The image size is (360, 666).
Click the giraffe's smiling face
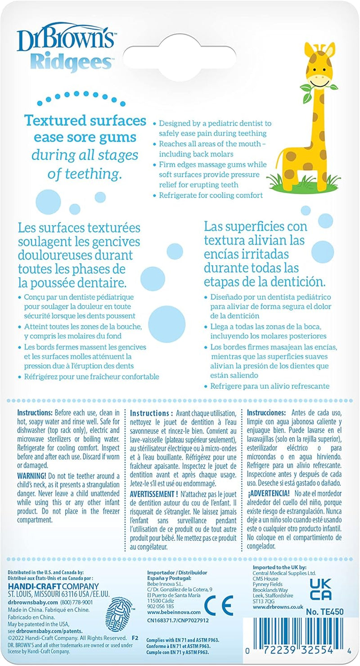321,80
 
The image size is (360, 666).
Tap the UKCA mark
321,590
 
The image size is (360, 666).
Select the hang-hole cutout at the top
180,54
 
